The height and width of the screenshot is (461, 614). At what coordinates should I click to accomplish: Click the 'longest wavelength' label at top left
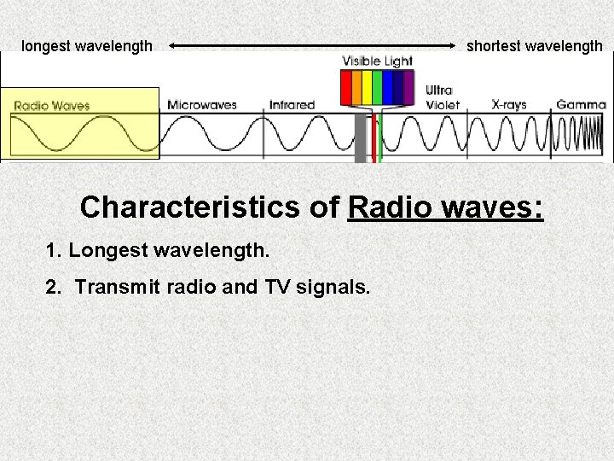tap(87, 46)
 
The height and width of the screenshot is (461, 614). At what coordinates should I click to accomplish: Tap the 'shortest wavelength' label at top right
tap(534, 46)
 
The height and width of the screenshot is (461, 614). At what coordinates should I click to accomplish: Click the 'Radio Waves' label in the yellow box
tap(52, 106)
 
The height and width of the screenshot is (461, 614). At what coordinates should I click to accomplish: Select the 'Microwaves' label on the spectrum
tap(202, 105)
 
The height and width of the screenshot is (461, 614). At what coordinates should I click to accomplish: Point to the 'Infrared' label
tap(292, 105)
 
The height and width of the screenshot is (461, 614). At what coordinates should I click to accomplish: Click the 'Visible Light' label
tap(377, 61)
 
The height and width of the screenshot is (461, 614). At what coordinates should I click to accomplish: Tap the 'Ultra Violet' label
tap(443, 97)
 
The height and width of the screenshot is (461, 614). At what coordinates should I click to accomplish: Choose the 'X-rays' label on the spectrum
tap(509, 105)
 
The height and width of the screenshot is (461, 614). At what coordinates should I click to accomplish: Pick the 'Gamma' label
tap(581, 105)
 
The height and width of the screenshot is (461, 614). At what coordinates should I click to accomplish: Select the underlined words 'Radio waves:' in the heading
tap(446, 207)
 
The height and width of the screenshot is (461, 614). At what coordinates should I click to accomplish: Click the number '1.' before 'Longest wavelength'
tap(55, 251)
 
